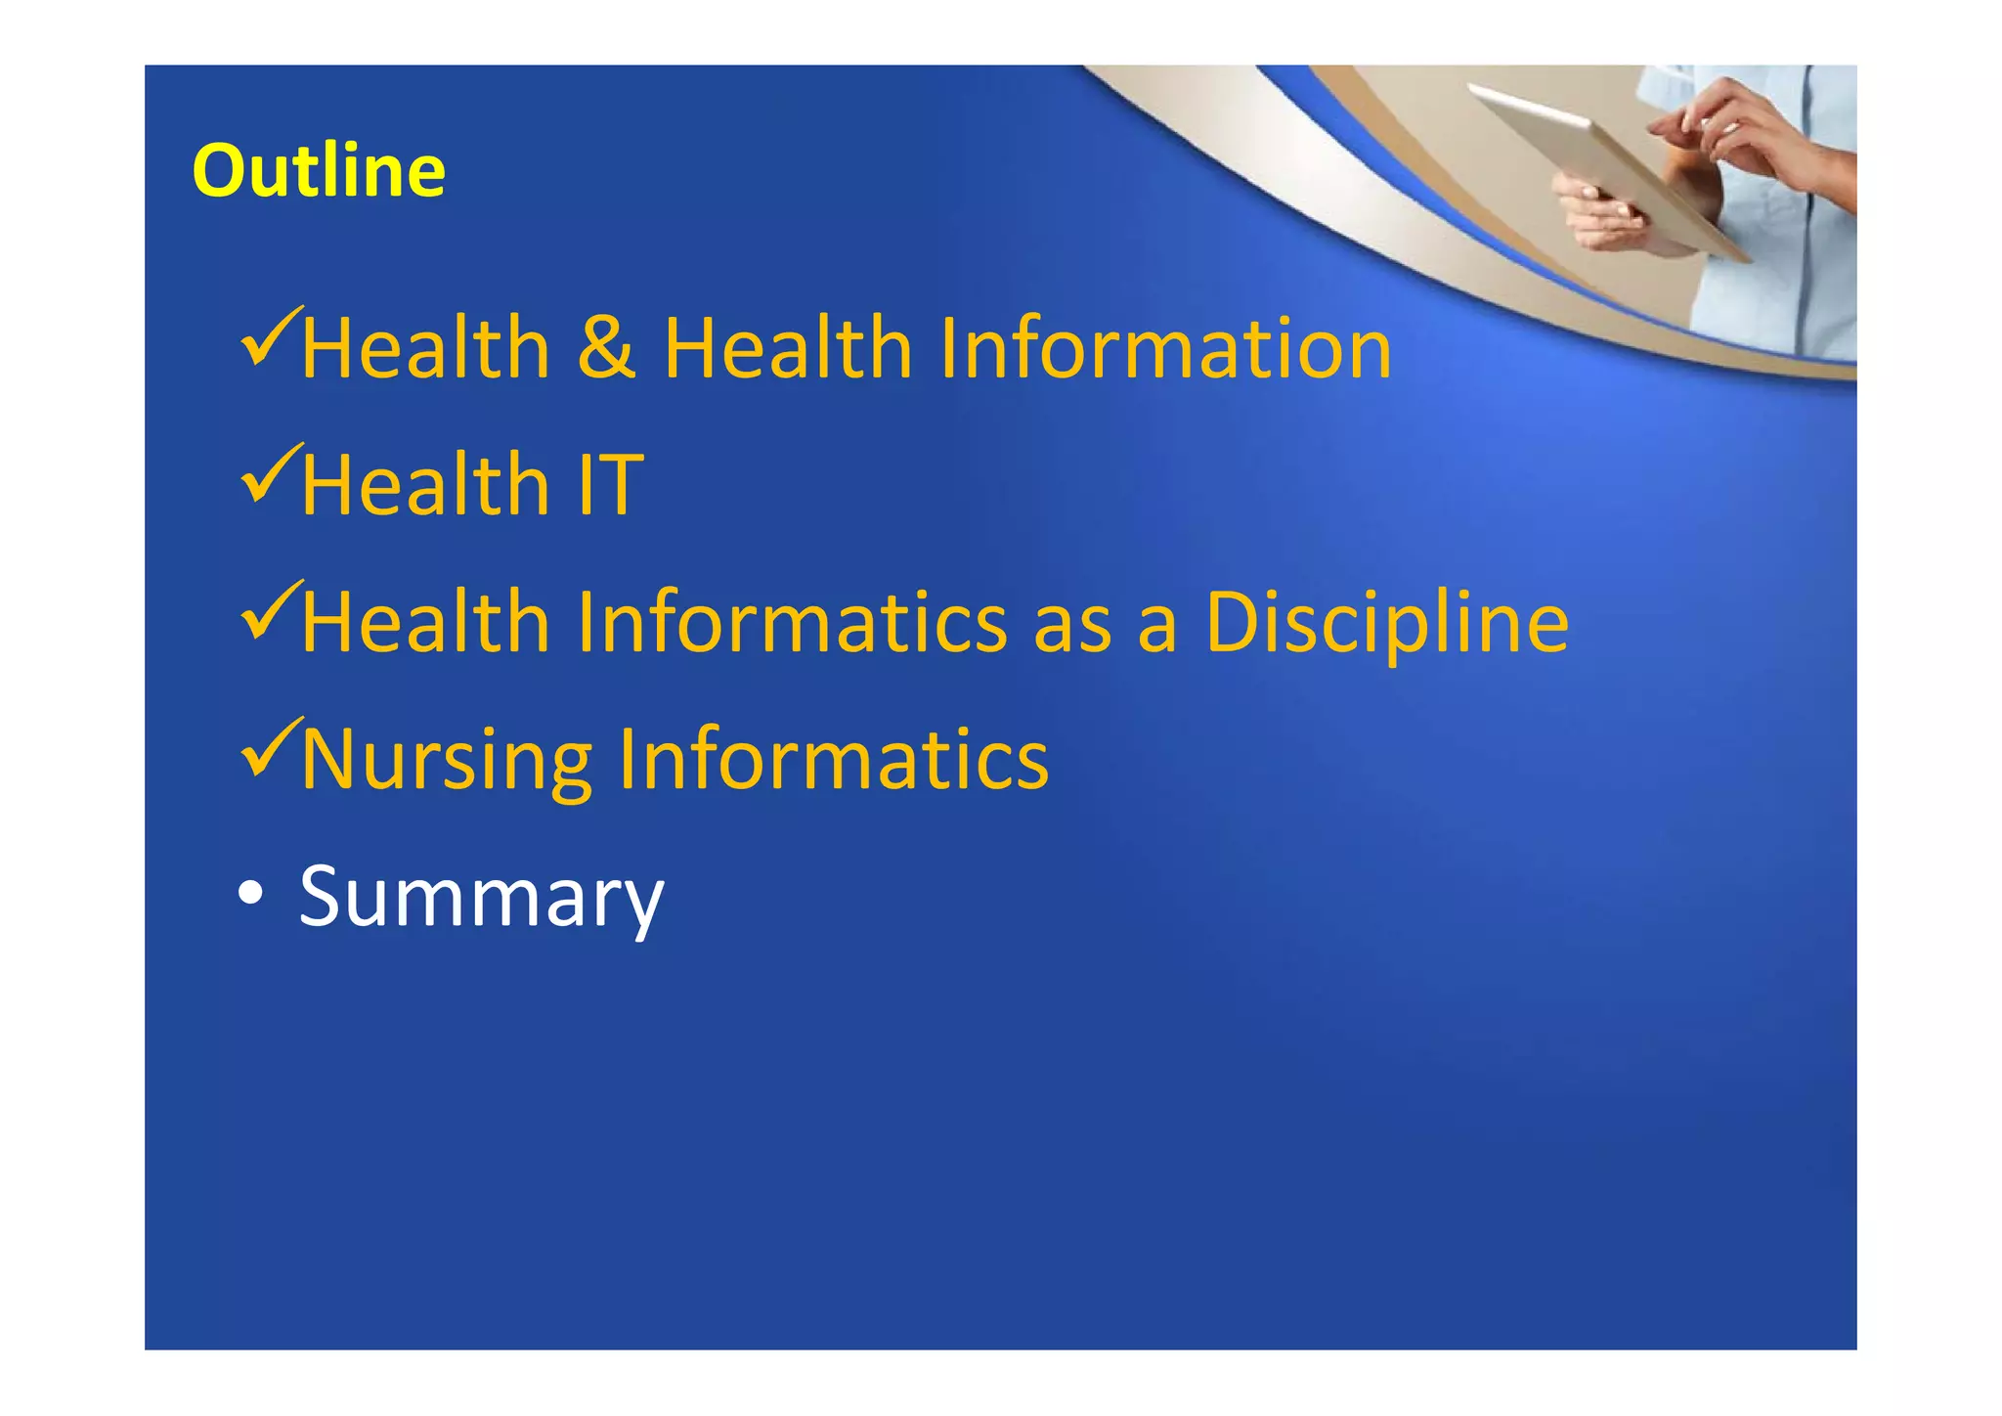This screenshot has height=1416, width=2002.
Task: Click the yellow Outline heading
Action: pos(319,171)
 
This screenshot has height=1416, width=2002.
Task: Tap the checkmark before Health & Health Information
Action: pos(269,337)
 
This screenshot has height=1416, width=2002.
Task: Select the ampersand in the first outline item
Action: pos(606,349)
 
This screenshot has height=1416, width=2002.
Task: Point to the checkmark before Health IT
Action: pos(269,474)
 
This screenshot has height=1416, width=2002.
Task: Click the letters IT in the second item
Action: pos(610,485)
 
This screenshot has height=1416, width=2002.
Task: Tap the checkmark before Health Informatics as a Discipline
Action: pos(269,611)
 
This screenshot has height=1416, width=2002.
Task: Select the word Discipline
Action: pos(1386,623)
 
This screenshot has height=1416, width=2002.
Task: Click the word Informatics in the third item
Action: pos(792,623)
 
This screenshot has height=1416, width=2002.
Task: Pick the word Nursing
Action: pos(446,761)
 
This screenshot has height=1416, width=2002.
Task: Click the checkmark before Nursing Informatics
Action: pos(269,748)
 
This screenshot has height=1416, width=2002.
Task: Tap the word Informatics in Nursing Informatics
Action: pos(833,759)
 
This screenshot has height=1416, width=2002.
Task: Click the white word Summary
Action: pos(481,897)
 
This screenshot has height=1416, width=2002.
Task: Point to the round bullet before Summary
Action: pos(250,893)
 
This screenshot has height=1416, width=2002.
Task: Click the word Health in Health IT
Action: pos(425,485)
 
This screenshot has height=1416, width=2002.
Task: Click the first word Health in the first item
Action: pos(425,349)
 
